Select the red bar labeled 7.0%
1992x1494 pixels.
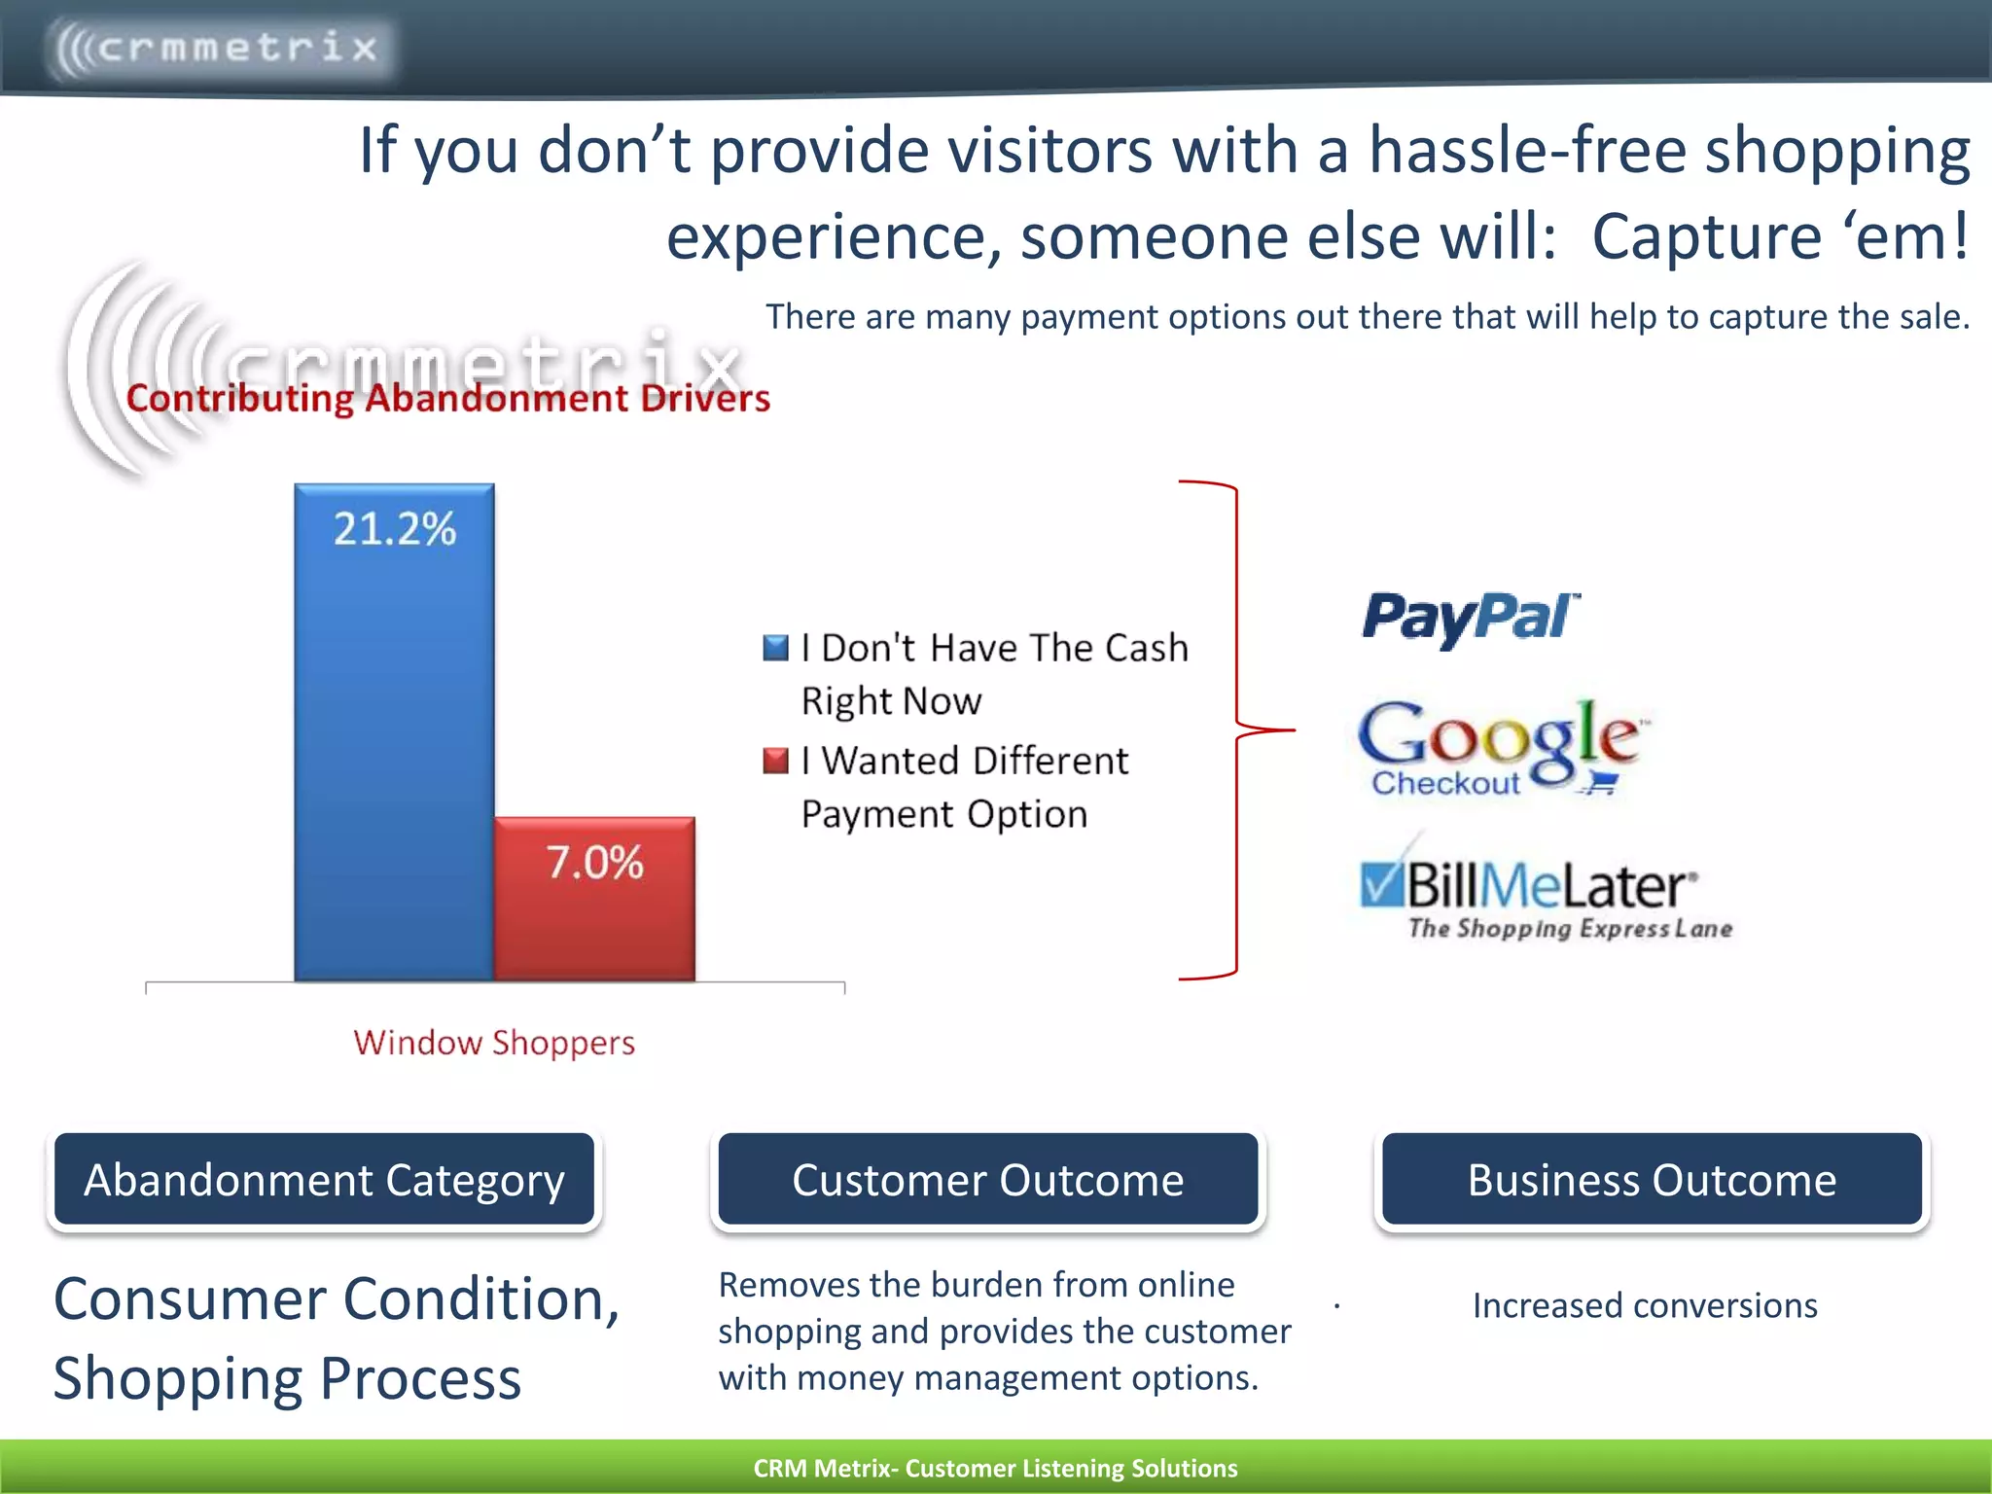(x=594, y=899)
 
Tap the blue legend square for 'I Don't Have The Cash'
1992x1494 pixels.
(x=775, y=648)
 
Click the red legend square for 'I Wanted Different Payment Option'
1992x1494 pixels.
(x=775, y=761)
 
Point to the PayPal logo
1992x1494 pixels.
(x=1470, y=617)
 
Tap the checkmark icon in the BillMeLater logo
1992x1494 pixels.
(x=1381, y=882)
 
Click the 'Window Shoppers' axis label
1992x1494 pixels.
(x=494, y=1043)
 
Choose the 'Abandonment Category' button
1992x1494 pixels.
(x=324, y=1179)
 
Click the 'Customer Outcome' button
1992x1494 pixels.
(x=987, y=1179)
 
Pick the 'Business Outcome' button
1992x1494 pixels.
(x=1652, y=1179)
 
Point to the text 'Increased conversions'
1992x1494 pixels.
(x=1645, y=1305)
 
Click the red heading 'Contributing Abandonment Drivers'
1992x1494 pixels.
(x=448, y=399)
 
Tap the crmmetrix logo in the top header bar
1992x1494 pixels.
(x=218, y=47)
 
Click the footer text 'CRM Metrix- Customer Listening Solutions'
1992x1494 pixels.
(x=995, y=1468)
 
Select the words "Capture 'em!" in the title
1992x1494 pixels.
(x=1780, y=236)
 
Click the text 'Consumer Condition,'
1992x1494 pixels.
(x=337, y=1299)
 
